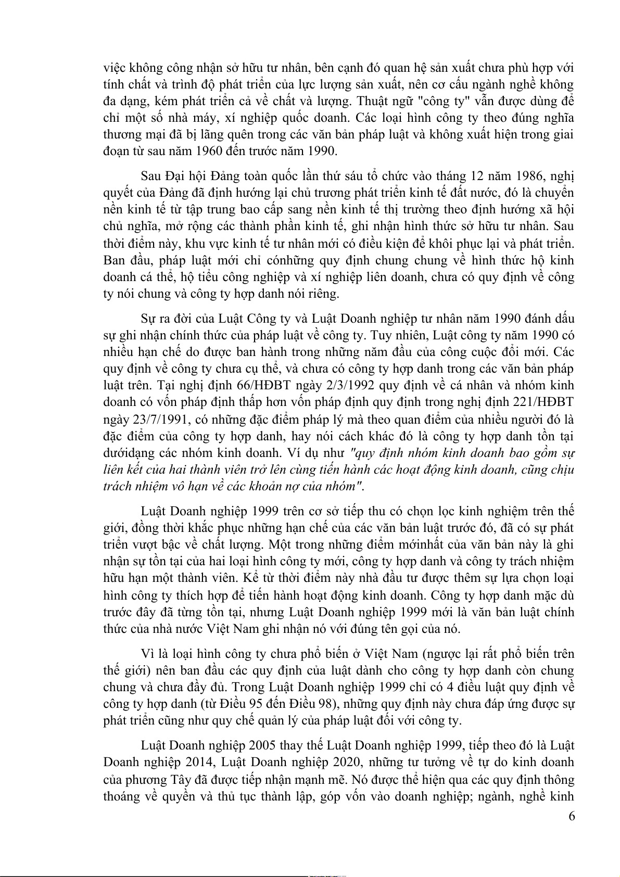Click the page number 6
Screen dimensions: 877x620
[x=572, y=816]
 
